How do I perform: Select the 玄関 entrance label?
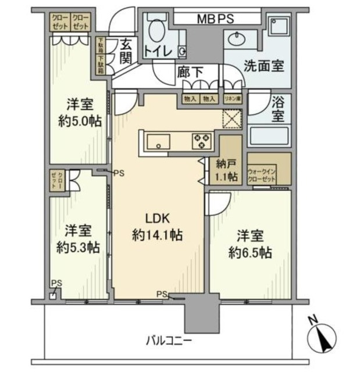[x=127, y=49]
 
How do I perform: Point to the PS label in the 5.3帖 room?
[x=55, y=284]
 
